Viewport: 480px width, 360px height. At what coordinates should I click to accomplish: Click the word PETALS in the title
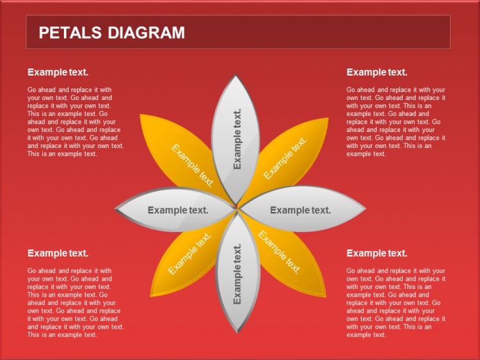point(70,33)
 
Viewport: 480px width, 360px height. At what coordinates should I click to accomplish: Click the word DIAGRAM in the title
point(147,33)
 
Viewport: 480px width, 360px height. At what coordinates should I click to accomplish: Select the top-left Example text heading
point(58,72)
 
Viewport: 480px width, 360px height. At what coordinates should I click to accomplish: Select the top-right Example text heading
point(377,72)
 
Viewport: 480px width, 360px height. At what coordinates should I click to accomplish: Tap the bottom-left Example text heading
point(58,254)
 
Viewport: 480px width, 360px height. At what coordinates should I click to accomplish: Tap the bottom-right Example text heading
point(377,254)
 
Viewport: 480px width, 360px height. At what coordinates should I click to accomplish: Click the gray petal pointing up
point(236,138)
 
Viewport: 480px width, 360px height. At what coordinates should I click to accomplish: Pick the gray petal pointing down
point(238,273)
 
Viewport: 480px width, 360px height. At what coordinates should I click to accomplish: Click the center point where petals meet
point(237,208)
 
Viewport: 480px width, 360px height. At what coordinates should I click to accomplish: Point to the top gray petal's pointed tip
point(236,74)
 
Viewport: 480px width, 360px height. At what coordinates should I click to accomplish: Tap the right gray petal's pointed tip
point(365,209)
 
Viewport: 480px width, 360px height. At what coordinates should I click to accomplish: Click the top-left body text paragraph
point(76,122)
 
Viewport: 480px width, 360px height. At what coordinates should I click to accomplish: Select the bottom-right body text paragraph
point(396,303)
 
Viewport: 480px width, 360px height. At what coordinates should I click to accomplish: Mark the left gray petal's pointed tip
point(115,209)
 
